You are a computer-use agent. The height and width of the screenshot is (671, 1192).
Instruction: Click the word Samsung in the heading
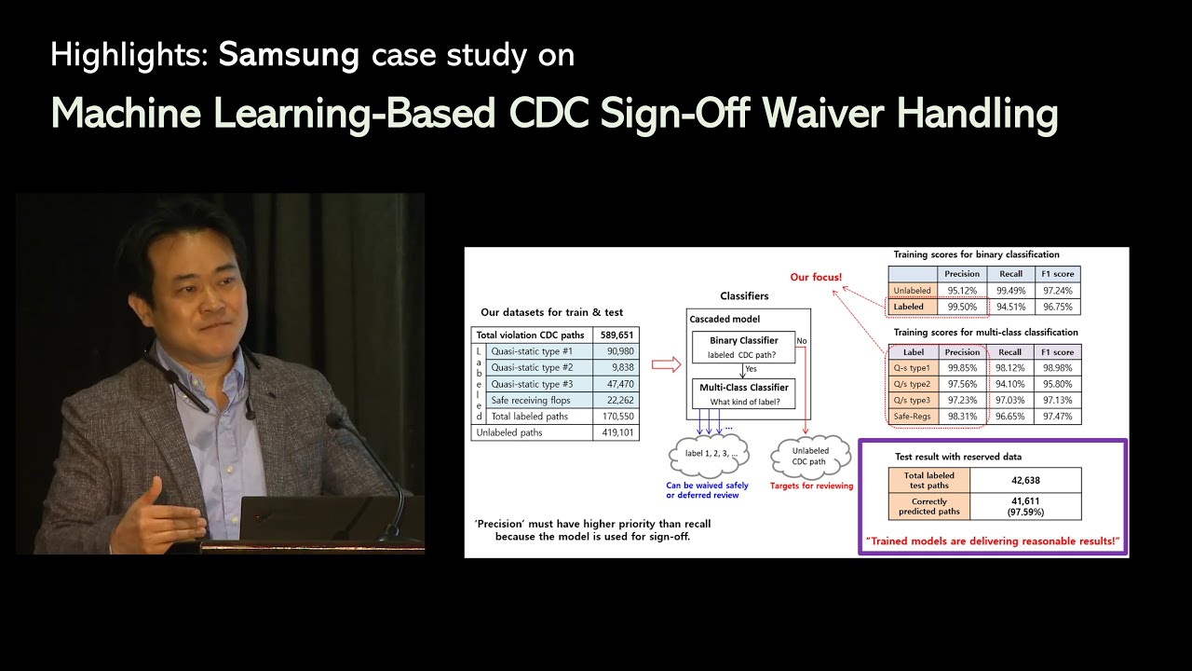[x=289, y=55]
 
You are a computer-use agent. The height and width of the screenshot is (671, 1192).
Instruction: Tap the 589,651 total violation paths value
[x=616, y=335]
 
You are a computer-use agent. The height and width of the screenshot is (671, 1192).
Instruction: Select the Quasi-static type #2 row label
[x=532, y=367]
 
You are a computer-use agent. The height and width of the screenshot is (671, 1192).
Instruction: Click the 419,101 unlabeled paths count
[x=617, y=432]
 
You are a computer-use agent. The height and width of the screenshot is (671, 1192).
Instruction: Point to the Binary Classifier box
[x=743, y=348]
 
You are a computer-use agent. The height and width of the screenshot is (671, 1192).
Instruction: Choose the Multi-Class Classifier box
[x=743, y=394]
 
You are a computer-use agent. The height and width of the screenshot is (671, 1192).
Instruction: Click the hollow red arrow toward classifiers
[x=667, y=364]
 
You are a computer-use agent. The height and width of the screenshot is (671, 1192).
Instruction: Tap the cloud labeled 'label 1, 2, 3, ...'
[x=710, y=455]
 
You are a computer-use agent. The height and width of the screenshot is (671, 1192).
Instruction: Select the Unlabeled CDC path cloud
[x=809, y=457]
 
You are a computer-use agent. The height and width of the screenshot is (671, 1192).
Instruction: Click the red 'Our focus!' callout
[x=816, y=277]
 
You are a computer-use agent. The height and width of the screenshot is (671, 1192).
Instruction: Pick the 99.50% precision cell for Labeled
[x=962, y=307]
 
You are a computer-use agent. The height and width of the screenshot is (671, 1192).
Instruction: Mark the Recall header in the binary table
[x=1010, y=274]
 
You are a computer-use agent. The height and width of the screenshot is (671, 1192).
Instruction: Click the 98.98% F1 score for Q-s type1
[x=1057, y=368]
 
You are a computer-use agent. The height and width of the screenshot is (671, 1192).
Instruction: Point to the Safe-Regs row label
[x=912, y=417]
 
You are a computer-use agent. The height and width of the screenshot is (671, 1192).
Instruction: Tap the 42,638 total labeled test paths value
[x=1025, y=480]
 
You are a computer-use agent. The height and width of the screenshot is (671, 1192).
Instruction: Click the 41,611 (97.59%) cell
[x=1025, y=506]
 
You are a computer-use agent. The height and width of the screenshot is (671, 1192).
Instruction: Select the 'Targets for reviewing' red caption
[x=811, y=486]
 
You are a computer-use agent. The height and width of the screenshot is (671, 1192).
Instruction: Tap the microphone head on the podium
[x=335, y=421]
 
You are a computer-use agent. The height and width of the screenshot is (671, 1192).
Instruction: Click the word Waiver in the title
[x=823, y=114]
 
